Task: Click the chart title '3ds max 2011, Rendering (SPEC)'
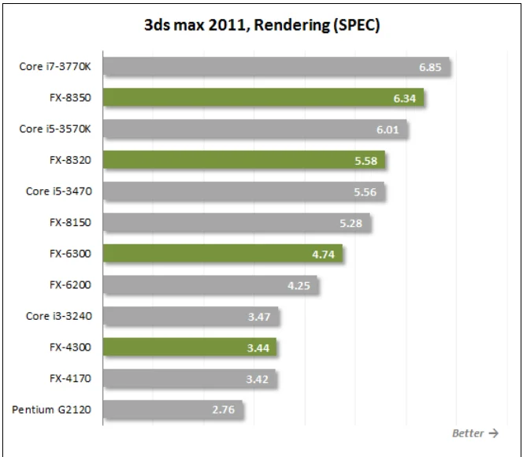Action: pyautogui.click(x=261, y=25)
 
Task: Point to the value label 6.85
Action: pyautogui.click(x=430, y=67)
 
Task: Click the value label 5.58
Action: pyautogui.click(x=365, y=161)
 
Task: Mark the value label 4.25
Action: pyautogui.click(x=299, y=285)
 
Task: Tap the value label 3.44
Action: pyautogui.click(x=258, y=347)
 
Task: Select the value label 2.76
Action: pyautogui.click(x=224, y=410)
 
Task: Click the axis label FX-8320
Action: pyautogui.click(x=70, y=160)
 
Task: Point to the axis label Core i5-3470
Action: pyautogui.click(x=58, y=191)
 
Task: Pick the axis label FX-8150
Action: pyautogui.click(x=70, y=222)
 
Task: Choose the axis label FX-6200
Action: pyautogui.click(x=70, y=284)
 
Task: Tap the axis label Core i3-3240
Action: pyautogui.click(x=58, y=316)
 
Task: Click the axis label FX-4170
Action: pyautogui.click(x=70, y=378)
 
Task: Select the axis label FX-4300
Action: pyautogui.click(x=70, y=347)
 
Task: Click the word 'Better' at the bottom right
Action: pyautogui.click(x=468, y=433)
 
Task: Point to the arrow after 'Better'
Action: pyautogui.click(x=493, y=433)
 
